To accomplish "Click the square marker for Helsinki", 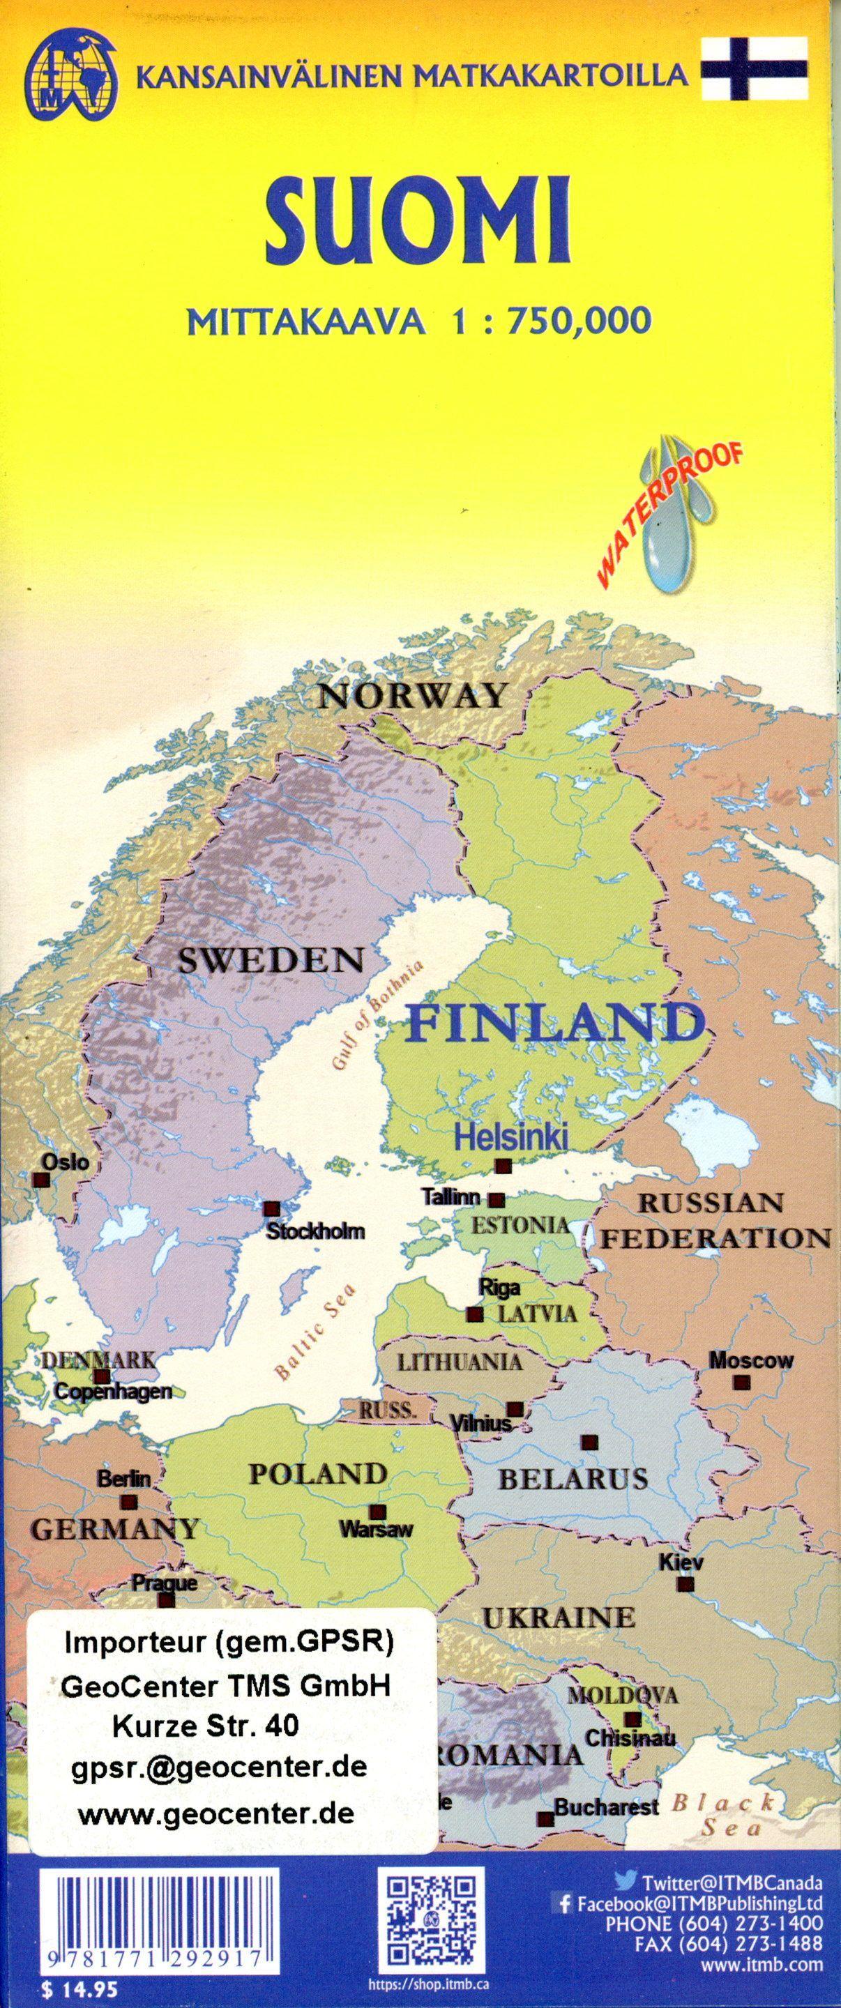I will [503, 1166].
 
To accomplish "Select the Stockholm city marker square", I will [271, 1209].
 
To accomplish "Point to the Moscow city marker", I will [742, 1382].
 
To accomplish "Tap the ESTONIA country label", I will [522, 1224].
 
